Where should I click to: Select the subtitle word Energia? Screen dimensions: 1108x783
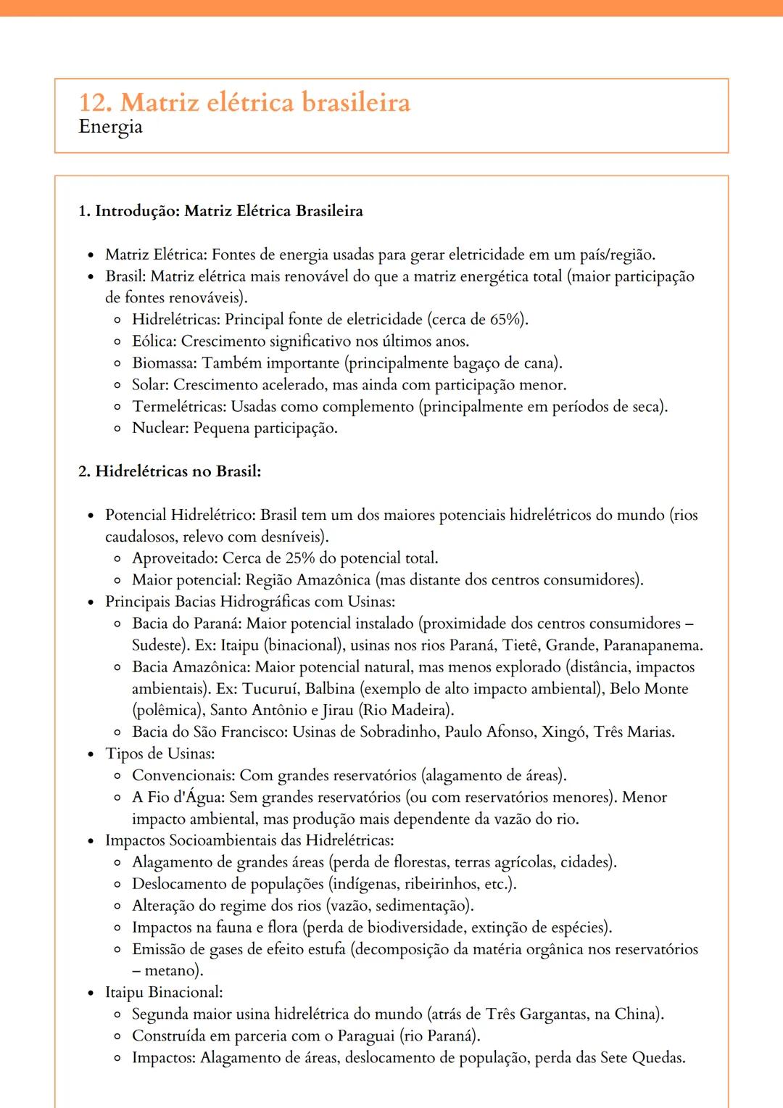[110, 127]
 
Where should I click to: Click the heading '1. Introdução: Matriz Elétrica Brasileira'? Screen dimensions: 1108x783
[220, 211]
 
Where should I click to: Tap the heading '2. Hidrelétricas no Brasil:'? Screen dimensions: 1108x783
[170, 471]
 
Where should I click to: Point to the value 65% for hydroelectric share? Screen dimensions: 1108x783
[507, 320]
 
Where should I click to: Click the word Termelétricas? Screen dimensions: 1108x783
[178, 407]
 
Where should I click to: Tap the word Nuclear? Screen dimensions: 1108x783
[159, 429]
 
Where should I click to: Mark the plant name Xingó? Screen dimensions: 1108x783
[564, 732]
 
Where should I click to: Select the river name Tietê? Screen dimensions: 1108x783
[520, 645]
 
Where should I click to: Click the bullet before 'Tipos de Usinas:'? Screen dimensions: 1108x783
[91, 755]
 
